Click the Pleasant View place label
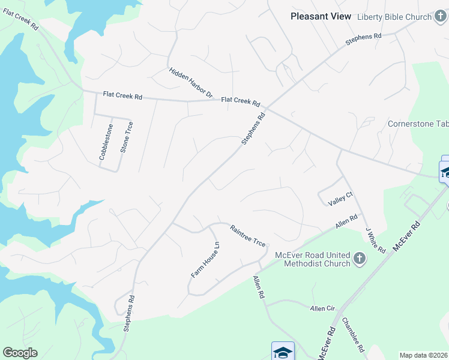coord(321,16)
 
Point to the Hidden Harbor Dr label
coord(191,82)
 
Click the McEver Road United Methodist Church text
coord(312,259)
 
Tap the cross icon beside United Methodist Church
coord(360,259)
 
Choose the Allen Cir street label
coord(322,308)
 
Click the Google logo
coord(20,353)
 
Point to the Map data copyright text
coord(424,355)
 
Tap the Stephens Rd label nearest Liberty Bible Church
coord(364,40)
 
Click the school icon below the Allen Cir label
coord(283,352)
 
